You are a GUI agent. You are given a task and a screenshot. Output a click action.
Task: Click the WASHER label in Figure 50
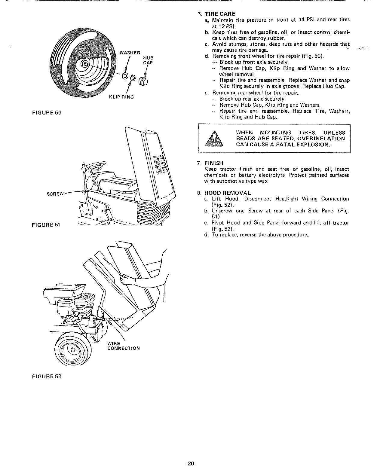(128, 53)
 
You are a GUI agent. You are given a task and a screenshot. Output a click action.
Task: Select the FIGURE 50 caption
(47, 113)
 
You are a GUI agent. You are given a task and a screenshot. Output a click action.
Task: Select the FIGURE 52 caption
(47, 376)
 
